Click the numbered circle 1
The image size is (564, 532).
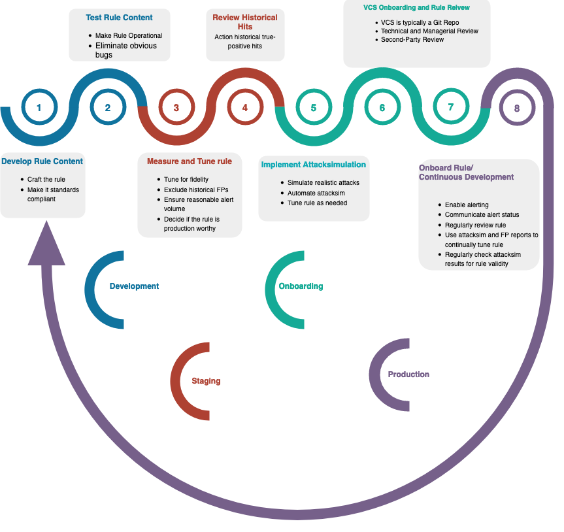(x=39, y=108)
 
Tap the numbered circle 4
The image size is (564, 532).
(x=245, y=108)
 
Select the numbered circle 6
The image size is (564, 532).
(x=382, y=108)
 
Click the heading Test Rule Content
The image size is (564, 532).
(x=120, y=18)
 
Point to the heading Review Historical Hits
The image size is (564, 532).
(x=245, y=22)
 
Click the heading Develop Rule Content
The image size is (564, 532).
(x=42, y=161)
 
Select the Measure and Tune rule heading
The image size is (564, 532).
(x=190, y=161)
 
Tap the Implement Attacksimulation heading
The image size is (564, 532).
(x=314, y=165)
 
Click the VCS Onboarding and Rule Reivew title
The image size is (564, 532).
(x=417, y=8)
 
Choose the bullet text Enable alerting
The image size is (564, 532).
(x=467, y=205)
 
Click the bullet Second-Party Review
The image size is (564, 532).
(x=412, y=40)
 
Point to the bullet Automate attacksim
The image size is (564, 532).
(x=316, y=193)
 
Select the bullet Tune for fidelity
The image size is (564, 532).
(x=186, y=179)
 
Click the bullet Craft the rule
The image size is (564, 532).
(x=46, y=180)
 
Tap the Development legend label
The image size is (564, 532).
(x=134, y=286)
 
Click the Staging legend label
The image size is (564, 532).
(x=206, y=381)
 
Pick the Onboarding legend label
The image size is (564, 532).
(x=301, y=286)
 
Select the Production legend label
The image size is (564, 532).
(x=408, y=374)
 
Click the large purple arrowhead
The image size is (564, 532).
(x=46, y=245)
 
